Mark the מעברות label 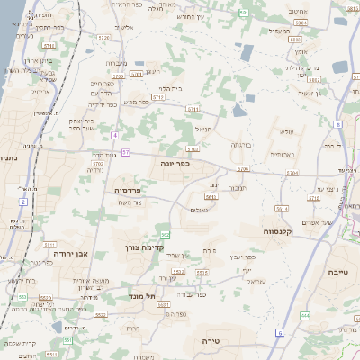coord(116,63)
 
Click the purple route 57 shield coord(125,153)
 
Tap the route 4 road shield coord(115,135)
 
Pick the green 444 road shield coord(305,315)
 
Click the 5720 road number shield coord(105,38)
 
